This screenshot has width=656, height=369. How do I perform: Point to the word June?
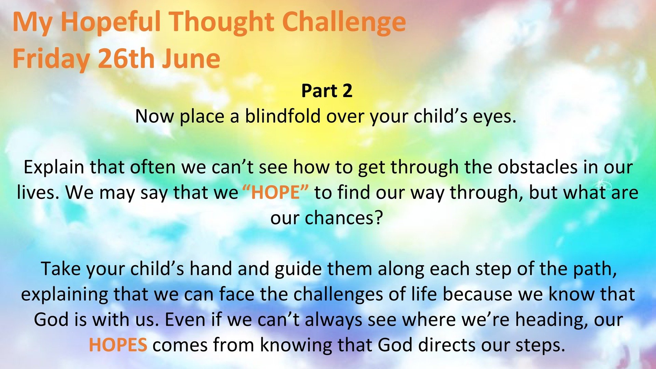click(x=191, y=58)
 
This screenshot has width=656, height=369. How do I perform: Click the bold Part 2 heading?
click(x=327, y=91)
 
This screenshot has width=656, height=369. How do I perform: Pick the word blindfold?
click(x=283, y=116)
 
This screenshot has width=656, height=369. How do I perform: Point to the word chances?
click(x=343, y=218)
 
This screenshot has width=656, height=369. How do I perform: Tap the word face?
click(x=237, y=294)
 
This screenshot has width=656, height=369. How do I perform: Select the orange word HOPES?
click(x=118, y=345)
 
